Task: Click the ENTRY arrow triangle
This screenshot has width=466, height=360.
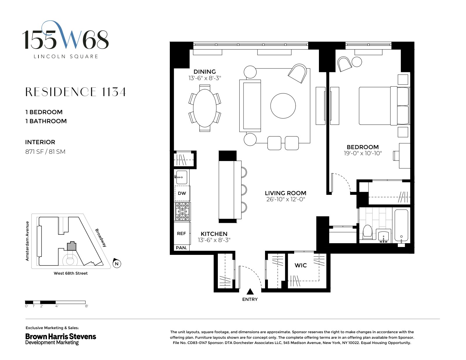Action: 250,292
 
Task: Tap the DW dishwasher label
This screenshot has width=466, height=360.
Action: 182,193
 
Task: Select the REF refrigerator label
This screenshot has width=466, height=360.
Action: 181,234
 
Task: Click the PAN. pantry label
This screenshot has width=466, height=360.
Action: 181,248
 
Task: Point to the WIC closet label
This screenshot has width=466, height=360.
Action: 301,265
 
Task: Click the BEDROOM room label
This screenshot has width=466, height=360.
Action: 363,147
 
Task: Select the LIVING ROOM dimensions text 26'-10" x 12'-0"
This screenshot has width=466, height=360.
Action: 285,200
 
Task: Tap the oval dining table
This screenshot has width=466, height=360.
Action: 205,107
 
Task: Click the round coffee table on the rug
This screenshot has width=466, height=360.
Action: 283,105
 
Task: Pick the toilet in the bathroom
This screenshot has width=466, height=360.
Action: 368,232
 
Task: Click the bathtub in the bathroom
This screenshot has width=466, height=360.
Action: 402,226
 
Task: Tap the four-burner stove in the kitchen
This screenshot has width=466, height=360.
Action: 182,211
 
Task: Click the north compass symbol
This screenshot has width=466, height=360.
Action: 117,264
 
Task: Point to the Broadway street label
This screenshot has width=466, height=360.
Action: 101,238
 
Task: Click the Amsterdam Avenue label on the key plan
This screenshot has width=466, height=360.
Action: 27,241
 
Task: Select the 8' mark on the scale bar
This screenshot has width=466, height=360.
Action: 87,306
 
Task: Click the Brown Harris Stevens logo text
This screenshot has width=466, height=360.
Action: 61,336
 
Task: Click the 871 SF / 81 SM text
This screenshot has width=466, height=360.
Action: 45,152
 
